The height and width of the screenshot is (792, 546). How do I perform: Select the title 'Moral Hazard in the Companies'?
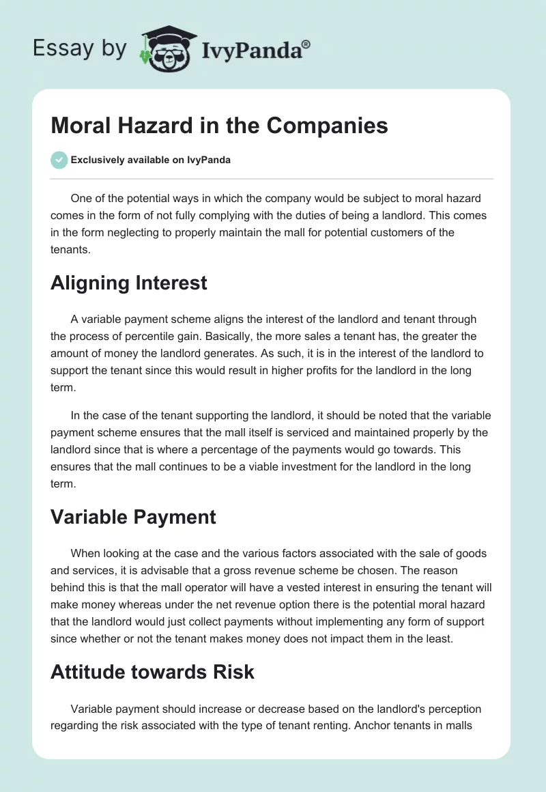tap(219, 126)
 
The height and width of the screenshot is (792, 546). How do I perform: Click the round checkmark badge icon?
tap(59, 160)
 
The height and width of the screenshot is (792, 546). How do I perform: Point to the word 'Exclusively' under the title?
tap(96, 160)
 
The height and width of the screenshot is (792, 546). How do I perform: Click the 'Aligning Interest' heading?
tap(128, 283)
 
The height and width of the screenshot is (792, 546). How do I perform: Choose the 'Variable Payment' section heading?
tap(133, 517)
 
